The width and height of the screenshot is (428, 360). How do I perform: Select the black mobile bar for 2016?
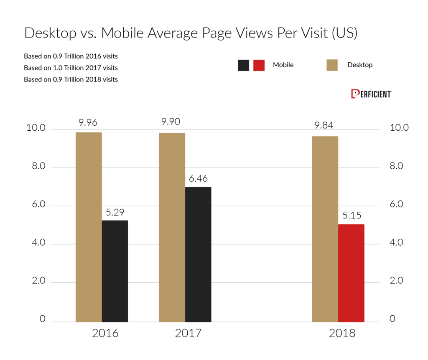pyautogui.click(x=115, y=271)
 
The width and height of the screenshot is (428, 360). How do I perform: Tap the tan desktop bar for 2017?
pyautogui.click(x=172, y=227)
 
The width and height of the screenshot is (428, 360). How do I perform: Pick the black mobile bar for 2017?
pyautogui.click(x=198, y=254)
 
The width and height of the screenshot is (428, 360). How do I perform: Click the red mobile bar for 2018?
pyautogui.click(x=351, y=273)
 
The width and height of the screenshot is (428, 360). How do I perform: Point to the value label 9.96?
pyautogui.click(x=88, y=123)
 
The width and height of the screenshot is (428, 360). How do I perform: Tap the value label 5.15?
pyautogui.click(x=351, y=215)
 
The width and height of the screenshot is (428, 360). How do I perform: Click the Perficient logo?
pyautogui.click(x=371, y=94)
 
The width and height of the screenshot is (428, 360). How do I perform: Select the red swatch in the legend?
pyautogui.click(x=259, y=65)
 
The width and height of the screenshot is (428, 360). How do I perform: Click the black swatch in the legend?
pyautogui.click(x=243, y=65)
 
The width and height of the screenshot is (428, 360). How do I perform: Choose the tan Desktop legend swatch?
pyautogui.click(x=332, y=65)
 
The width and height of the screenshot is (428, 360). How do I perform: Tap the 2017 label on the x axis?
pyautogui.click(x=188, y=334)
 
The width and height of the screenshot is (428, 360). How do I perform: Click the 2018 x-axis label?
pyautogui.click(x=341, y=334)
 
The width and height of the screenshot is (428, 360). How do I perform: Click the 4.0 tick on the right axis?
pyautogui.click(x=398, y=243)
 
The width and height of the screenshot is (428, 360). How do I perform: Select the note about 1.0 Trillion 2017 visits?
pyautogui.click(x=71, y=68)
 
